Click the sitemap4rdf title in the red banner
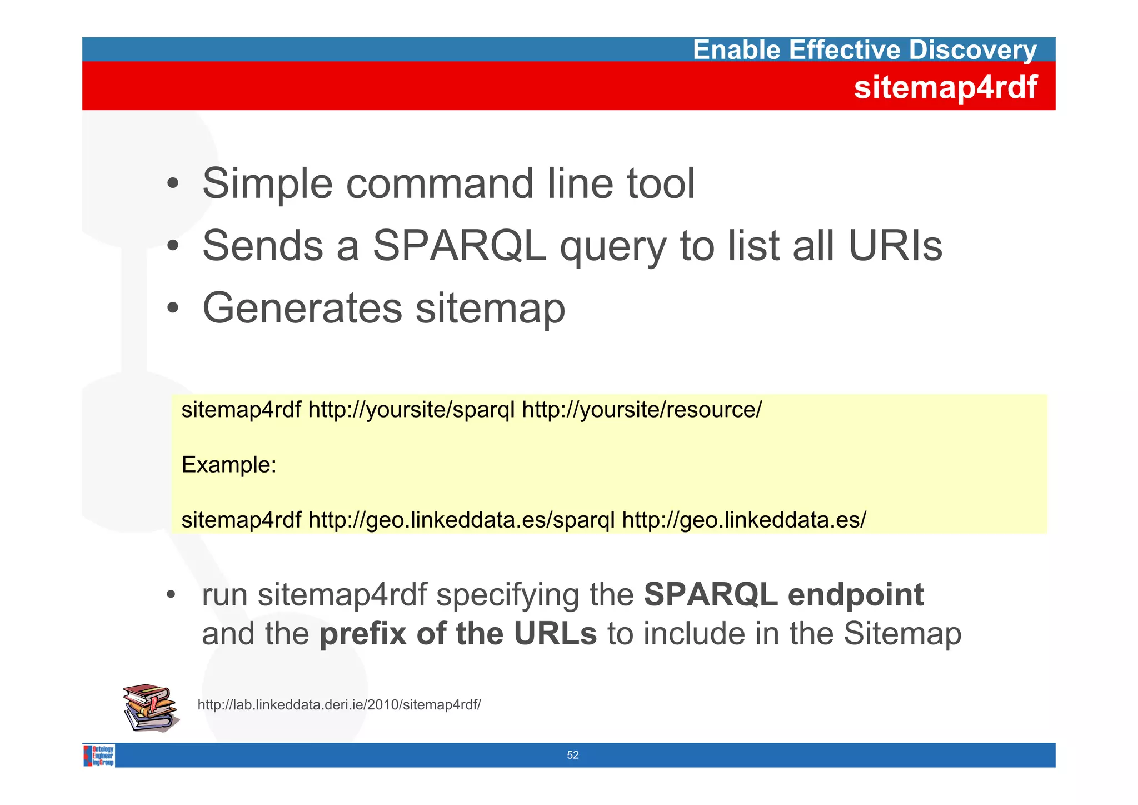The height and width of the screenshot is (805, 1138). (945, 87)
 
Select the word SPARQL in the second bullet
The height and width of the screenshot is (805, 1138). (459, 246)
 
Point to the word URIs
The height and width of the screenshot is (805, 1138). (895, 246)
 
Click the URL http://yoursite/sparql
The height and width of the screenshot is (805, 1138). (412, 410)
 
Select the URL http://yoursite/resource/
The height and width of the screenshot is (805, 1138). (642, 410)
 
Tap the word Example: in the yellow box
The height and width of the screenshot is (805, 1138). (229, 465)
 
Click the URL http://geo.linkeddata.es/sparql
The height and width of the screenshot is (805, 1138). (461, 520)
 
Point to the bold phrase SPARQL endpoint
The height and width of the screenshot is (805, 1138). (783, 594)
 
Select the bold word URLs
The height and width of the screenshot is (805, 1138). (555, 634)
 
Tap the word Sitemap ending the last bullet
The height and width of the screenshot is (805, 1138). (902, 634)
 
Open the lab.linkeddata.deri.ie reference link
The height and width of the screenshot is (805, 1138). (339, 705)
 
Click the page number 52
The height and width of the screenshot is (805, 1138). (573, 755)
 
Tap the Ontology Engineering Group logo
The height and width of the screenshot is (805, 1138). (99, 756)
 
